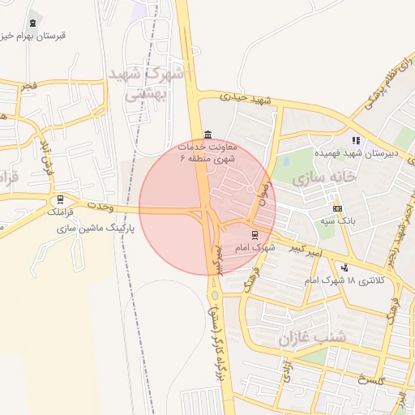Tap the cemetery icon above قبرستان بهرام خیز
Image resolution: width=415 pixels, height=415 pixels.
click(x=32, y=23)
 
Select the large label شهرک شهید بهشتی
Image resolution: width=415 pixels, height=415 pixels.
click(x=151, y=83)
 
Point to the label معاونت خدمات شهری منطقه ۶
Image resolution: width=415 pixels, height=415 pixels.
click(x=208, y=152)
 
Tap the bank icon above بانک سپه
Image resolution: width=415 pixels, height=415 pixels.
click(x=337, y=208)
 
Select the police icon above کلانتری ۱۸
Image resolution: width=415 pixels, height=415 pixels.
click(x=346, y=267)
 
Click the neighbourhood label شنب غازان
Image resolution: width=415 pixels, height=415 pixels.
click(x=312, y=337)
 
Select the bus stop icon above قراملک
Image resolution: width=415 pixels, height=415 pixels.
click(x=60, y=199)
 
